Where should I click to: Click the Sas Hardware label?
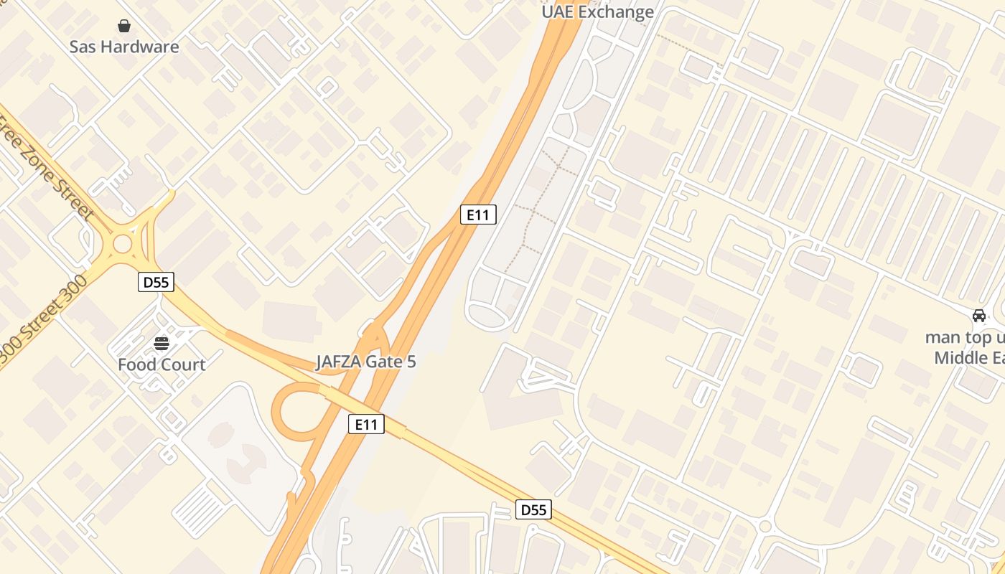click(x=124, y=47)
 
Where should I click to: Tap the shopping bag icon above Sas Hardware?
click(x=124, y=27)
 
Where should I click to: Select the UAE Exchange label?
click(x=597, y=12)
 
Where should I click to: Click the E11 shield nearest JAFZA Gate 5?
click(x=366, y=424)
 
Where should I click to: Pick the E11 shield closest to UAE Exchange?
click(x=478, y=214)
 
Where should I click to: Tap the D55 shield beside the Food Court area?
click(x=156, y=282)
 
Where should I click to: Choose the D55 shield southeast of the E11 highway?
click(x=533, y=510)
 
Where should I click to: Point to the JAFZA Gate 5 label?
click(x=366, y=362)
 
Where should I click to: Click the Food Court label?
click(x=162, y=364)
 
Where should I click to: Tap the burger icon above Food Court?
click(x=162, y=344)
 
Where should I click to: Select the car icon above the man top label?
click(x=978, y=316)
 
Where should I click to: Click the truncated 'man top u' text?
click(x=965, y=337)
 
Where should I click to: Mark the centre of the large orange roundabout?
click(x=123, y=244)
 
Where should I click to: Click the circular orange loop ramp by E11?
click(x=296, y=410)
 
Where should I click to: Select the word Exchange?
click(x=616, y=12)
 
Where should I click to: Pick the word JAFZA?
click(x=339, y=362)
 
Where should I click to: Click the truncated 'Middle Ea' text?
click(x=969, y=357)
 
